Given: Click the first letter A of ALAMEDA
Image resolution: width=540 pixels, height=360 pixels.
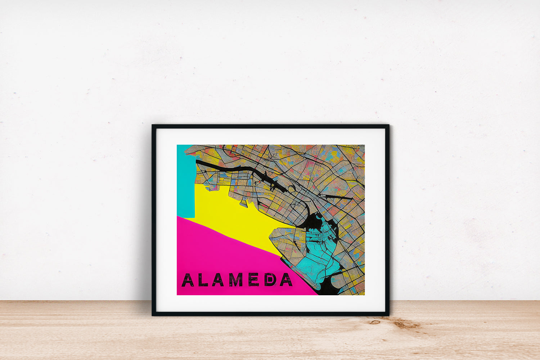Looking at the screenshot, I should tap(188, 280).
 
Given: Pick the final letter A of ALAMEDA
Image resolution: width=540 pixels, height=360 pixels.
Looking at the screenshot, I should tap(286, 280).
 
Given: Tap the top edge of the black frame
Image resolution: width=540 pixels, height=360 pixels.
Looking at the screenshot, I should tap(270, 126).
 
